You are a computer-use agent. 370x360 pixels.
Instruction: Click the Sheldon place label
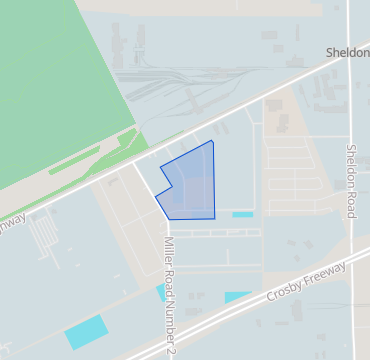coord(348,51)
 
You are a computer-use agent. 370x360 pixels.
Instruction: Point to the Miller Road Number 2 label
coord(170,295)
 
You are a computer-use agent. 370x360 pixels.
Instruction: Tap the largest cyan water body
coord(84,332)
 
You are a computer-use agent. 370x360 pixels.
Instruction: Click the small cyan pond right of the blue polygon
coord(242,214)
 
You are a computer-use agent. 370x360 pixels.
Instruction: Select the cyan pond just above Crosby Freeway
coord(237,297)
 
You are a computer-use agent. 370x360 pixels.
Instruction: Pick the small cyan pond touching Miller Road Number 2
coord(161,292)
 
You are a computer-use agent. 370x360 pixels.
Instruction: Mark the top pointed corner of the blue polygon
coord(212,141)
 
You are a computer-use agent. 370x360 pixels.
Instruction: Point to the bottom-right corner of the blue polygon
coord(215,218)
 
